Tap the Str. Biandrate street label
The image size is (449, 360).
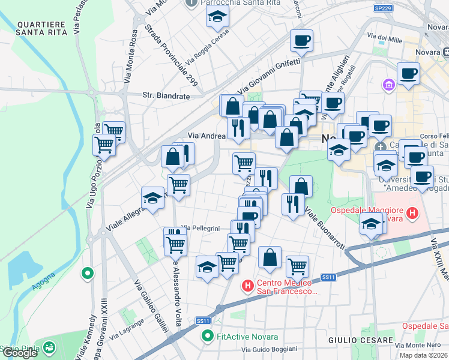pyautogui.click(x=166, y=95)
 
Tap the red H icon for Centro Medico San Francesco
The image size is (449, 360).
pyautogui.click(x=247, y=286)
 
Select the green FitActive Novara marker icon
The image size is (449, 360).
pyautogui.click(x=208, y=336)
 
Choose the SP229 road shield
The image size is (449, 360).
pyautogui.click(x=382, y=8)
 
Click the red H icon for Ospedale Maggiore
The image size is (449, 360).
pyautogui.click(x=412, y=212)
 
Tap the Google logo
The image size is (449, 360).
pyautogui.click(x=20, y=353)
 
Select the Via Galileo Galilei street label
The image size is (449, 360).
pyautogui.click(x=151, y=306)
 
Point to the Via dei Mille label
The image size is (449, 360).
pyautogui.click(x=386, y=39)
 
